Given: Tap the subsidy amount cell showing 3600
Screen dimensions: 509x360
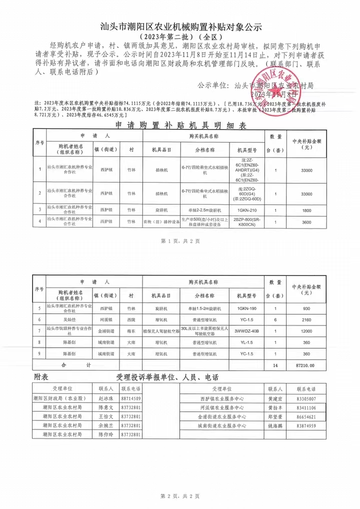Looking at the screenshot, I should [307, 222].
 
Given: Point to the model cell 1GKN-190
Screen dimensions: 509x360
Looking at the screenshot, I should [246, 308].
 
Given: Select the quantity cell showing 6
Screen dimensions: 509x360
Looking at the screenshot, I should [275, 319].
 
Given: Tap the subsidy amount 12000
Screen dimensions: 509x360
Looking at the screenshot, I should [307, 331].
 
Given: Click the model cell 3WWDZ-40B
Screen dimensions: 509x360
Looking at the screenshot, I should [246, 331].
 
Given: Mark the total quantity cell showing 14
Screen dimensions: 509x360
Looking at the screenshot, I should [275, 365].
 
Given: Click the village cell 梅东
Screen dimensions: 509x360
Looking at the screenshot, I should [131, 331].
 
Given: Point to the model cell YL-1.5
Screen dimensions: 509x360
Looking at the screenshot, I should [246, 342].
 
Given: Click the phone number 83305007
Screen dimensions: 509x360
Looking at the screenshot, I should [306, 399].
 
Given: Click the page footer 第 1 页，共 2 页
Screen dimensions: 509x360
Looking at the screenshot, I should [180, 241].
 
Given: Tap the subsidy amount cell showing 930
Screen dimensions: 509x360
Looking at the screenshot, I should [307, 308].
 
